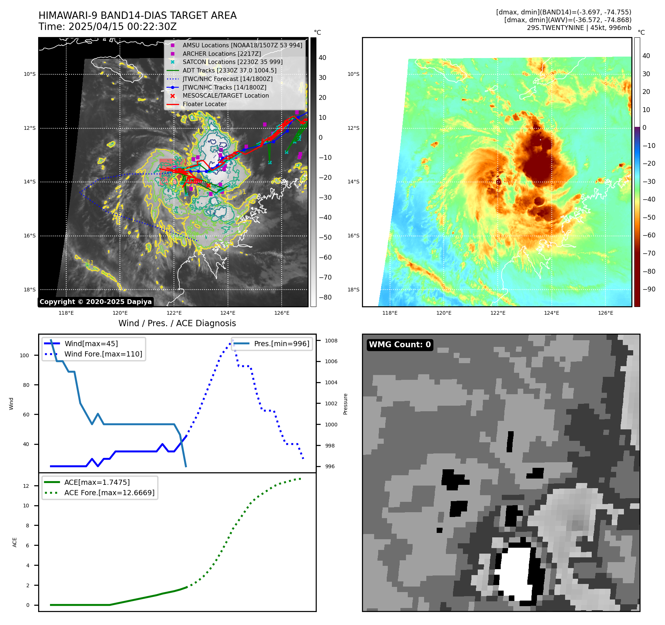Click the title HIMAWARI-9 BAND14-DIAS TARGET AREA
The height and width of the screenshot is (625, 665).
pyautogui.click(x=137, y=16)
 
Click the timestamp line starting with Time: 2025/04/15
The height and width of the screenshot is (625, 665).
pyautogui.click(x=107, y=27)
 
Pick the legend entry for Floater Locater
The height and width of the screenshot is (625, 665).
pyautogui.click(x=204, y=104)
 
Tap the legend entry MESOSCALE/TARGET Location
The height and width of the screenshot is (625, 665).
pyautogui.click(x=225, y=95)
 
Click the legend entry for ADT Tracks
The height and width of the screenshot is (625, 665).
pyautogui.click(x=229, y=70)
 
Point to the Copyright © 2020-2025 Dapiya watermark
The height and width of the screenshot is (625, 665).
pyautogui.click(x=95, y=302)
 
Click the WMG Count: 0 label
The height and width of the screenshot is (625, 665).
pyautogui.click(x=400, y=345)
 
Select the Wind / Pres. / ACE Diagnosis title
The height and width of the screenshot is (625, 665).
pyautogui.click(x=177, y=323)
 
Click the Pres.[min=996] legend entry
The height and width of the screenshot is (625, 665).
pyautogui.click(x=281, y=344)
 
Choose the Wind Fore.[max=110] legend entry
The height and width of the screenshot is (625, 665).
pyautogui.click(x=103, y=354)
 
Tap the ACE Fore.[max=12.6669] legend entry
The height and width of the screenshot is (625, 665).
pyautogui.click(x=109, y=493)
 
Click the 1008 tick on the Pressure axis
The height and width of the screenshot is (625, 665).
pyautogui.click(x=331, y=341)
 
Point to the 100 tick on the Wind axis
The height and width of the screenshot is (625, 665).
pyautogui.click(x=24, y=355)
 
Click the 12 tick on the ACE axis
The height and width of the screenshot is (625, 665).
pyautogui.click(x=26, y=486)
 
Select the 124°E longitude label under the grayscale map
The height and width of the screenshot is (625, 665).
pyautogui.click(x=228, y=313)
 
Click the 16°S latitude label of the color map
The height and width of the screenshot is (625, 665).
pyautogui.click(x=353, y=236)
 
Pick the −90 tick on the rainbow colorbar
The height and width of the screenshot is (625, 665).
pyautogui.click(x=649, y=289)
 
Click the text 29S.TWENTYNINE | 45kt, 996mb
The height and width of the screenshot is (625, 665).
pyautogui.click(x=579, y=28)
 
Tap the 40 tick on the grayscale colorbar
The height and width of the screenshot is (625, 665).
pyautogui.click(x=322, y=58)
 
